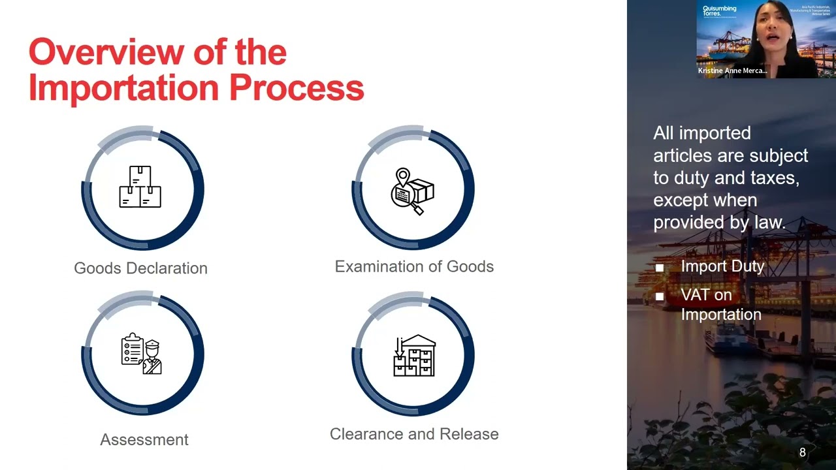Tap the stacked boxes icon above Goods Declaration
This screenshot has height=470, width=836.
[140, 187]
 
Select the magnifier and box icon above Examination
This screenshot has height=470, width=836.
[413, 191]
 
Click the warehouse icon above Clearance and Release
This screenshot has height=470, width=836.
[414, 356]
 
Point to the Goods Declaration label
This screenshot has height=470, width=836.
[140, 268]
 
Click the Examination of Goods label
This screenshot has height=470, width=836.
[414, 266]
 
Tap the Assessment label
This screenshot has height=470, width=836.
[144, 440]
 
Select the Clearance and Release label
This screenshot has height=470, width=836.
[414, 434]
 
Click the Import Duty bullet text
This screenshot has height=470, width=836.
[722, 266]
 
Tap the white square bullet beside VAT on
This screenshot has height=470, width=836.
[660, 296]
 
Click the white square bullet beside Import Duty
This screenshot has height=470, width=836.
[660, 268]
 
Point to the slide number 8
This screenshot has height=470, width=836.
[803, 452]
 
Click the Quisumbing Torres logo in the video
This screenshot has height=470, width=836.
[719, 11]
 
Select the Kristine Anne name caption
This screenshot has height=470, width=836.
[732, 70]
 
